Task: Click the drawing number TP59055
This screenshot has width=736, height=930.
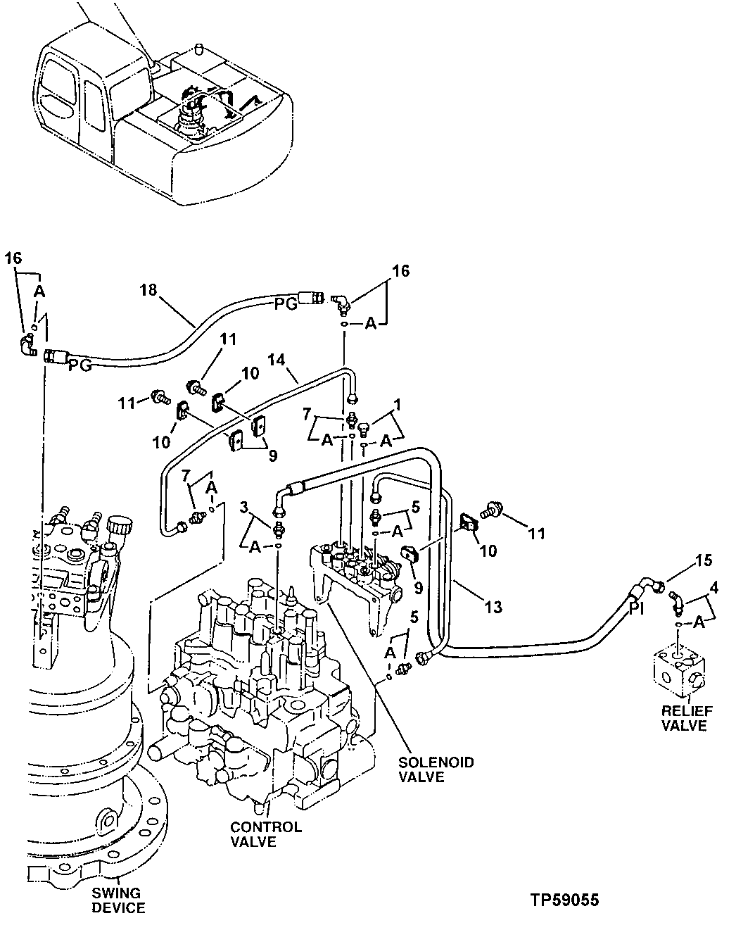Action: click(566, 900)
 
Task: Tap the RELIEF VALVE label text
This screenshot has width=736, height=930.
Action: click(683, 718)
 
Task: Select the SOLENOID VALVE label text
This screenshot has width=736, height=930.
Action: click(436, 769)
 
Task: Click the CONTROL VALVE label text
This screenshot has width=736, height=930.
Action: click(265, 834)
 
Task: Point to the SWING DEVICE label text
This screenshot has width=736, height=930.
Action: click(118, 901)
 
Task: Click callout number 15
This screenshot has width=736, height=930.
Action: click(703, 561)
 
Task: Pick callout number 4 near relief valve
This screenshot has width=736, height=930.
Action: click(714, 585)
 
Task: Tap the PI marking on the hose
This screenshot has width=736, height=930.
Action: click(637, 608)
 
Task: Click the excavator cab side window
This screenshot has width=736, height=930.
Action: click(94, 106)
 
